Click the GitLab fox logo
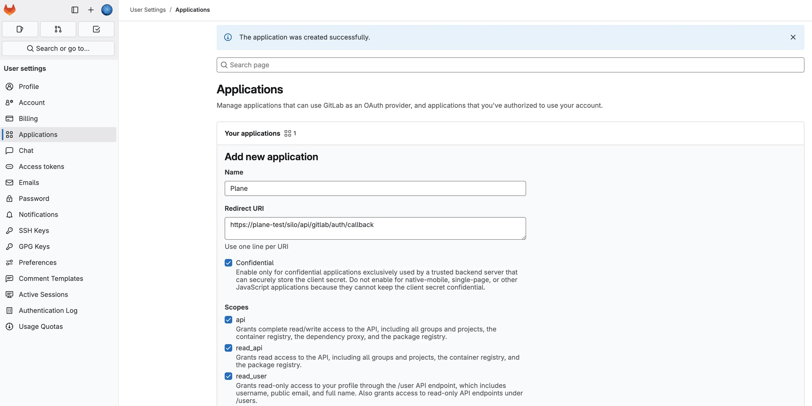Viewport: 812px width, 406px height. [10, 10]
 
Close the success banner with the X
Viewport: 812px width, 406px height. [793, 37]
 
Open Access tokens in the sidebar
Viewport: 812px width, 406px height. [41, 167]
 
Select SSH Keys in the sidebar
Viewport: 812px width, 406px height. [34, 231]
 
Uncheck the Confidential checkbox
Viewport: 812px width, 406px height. [228, 263]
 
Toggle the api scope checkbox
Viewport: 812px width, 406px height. [228, 320]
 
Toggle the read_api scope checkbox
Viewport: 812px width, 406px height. [228, 348]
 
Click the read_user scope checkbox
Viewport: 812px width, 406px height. [228, 376]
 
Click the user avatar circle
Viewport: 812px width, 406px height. [107, 10]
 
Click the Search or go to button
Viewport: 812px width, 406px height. [58, 48]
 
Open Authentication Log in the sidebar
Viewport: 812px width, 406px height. [48, 310]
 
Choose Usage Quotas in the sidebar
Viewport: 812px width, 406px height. [41, 327]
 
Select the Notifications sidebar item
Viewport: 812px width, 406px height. [38, 215]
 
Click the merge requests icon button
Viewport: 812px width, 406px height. [58, 29]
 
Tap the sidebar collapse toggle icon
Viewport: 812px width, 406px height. [75, 10]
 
